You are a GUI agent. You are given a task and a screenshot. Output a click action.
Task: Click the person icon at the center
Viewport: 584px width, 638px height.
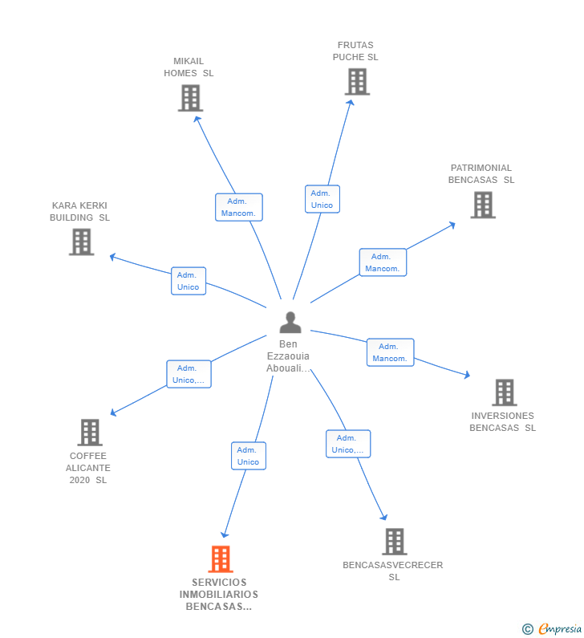(x=290, y=323)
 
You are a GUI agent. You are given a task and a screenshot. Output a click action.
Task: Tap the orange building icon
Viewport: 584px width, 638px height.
(x=221, y=559)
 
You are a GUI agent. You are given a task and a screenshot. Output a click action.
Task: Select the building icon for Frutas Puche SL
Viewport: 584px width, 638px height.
(x=357, y=82)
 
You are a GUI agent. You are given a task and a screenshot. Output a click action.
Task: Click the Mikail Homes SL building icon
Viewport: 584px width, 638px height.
(x=190, y=98)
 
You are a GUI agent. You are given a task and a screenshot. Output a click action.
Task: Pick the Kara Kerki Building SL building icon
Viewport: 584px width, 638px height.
(x=81, y=242)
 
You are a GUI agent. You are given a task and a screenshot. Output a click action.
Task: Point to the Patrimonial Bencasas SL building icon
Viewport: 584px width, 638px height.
(x=482, y=205)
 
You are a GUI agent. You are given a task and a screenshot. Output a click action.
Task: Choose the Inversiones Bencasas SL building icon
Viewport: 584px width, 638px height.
(x=504, y=392)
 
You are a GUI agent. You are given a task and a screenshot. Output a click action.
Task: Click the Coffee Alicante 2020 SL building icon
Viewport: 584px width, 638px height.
(x=89, y=433)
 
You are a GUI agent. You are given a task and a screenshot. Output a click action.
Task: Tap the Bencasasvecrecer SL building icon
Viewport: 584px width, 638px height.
(x=394, y=542)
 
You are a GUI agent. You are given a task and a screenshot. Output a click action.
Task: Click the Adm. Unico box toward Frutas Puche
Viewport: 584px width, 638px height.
(x=322, y=199)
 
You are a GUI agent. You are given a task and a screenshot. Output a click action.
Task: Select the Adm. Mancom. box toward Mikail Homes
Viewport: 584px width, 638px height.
(x=238, y=207)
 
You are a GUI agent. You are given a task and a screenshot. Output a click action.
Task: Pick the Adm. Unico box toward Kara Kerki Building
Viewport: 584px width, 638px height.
(x=189, y=281)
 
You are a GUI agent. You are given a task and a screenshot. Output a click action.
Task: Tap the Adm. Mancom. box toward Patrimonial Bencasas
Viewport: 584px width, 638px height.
(x=383, y=262)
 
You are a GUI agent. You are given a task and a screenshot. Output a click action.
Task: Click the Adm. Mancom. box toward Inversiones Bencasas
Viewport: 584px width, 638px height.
(x=391, y=352)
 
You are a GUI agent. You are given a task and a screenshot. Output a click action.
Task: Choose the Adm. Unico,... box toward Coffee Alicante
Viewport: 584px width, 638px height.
(x=189, y=374)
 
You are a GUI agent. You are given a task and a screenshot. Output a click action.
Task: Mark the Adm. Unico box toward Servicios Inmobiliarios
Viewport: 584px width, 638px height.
(x=249, y=456)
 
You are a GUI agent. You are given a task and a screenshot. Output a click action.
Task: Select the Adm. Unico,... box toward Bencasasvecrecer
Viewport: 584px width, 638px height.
(x=348, y=444)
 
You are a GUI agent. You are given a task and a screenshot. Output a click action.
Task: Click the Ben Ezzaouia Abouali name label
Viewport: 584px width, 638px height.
(x=288, y=356)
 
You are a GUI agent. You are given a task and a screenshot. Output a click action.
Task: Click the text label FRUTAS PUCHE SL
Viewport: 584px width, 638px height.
(x=355, y=51)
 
